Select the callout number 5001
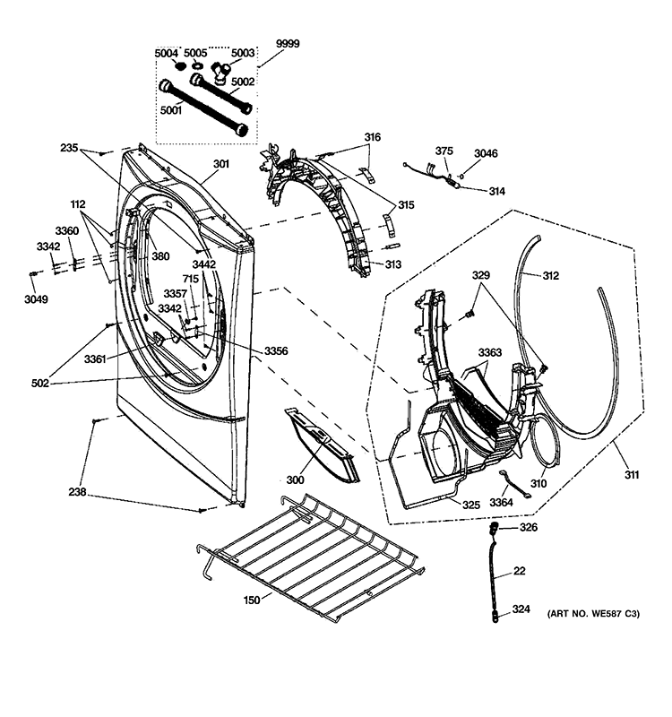point(170,111)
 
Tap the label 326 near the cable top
point(529,528)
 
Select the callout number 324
point(521,610)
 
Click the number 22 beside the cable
point(519,571)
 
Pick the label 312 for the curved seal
point(550,275)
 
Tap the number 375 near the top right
point(445,151)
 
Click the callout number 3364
point(502,503)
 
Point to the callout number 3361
point(96,359)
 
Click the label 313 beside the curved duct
point(392,264)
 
